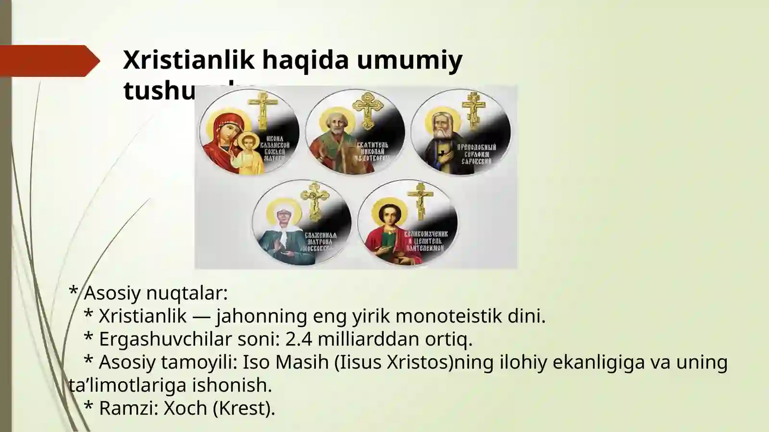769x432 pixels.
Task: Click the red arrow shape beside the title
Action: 48,61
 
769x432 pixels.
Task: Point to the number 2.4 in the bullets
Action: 298,339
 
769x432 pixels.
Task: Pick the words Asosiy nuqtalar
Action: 155,292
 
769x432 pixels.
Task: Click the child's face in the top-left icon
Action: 248,143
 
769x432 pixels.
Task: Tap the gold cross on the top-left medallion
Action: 262,108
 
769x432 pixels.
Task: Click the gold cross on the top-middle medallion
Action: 368,110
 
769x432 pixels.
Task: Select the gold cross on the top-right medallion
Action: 473,110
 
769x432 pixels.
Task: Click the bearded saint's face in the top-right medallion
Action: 441,126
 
